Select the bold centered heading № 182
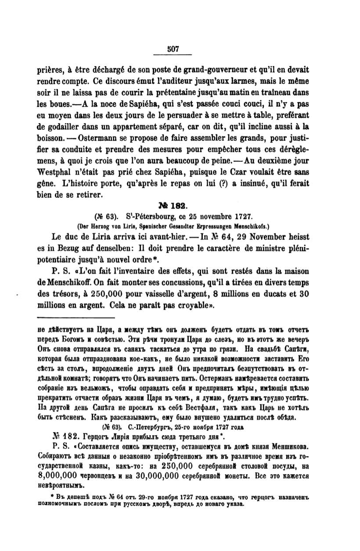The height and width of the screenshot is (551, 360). [x=181, y=205]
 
